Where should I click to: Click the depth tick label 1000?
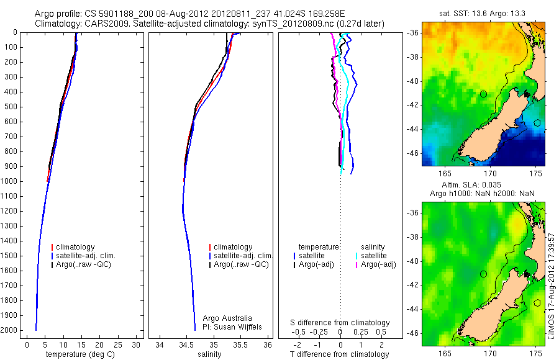[x=9, y=181]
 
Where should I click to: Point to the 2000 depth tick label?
[x=9, y=330]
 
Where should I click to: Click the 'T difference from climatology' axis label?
[x=340, y=354]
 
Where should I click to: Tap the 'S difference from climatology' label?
[x=340, y=323]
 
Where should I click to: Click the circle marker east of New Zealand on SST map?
[x=537, y=123]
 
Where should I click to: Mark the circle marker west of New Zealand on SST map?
[x=483, y=94]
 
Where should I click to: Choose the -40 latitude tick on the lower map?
[x=414, y=261]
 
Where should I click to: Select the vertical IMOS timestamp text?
[x=552, y=286]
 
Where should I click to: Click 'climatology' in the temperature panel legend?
[x=84, y=247]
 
